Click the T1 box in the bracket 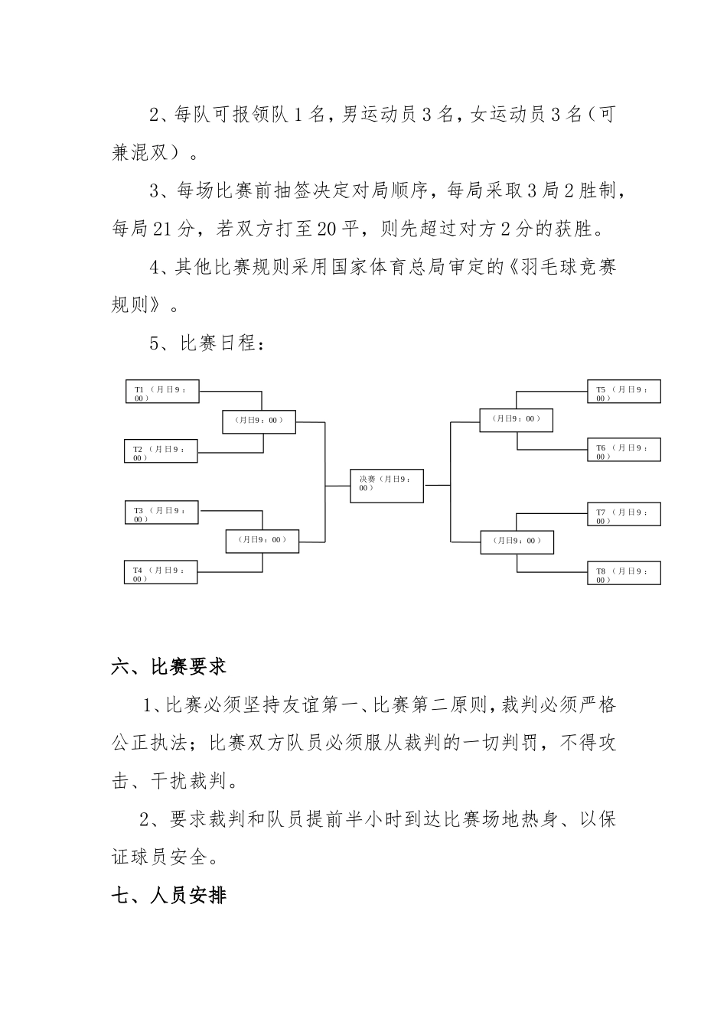pyautogui.click(x=161, y=392)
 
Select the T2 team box pyautogui.click(x=161, y=451)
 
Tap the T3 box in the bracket pyautogui.click(x=161, y=512)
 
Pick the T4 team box pyautogui.click(x=161, y=572)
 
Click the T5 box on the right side pyautogui.click(x=624, y=392)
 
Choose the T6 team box pyautogui.click(x=624, y=450)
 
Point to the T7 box pyautogui.click(x=624, y=514)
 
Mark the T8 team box pyautogui.click(x=624, y=573)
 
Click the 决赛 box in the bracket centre pyautogui.click(x=386, y=486)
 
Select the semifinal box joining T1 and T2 pyautogui.click(x=259, y=421)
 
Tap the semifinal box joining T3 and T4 pyautogui.click(x=262, y=541)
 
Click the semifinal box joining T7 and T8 pyautogui.click(x=517, y=542)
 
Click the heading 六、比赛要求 pyautogui.click(x=169, y=666)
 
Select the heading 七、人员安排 pyautogui.click(x=169, y=895)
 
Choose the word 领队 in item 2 pyautogui.click(x=269, y=115)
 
